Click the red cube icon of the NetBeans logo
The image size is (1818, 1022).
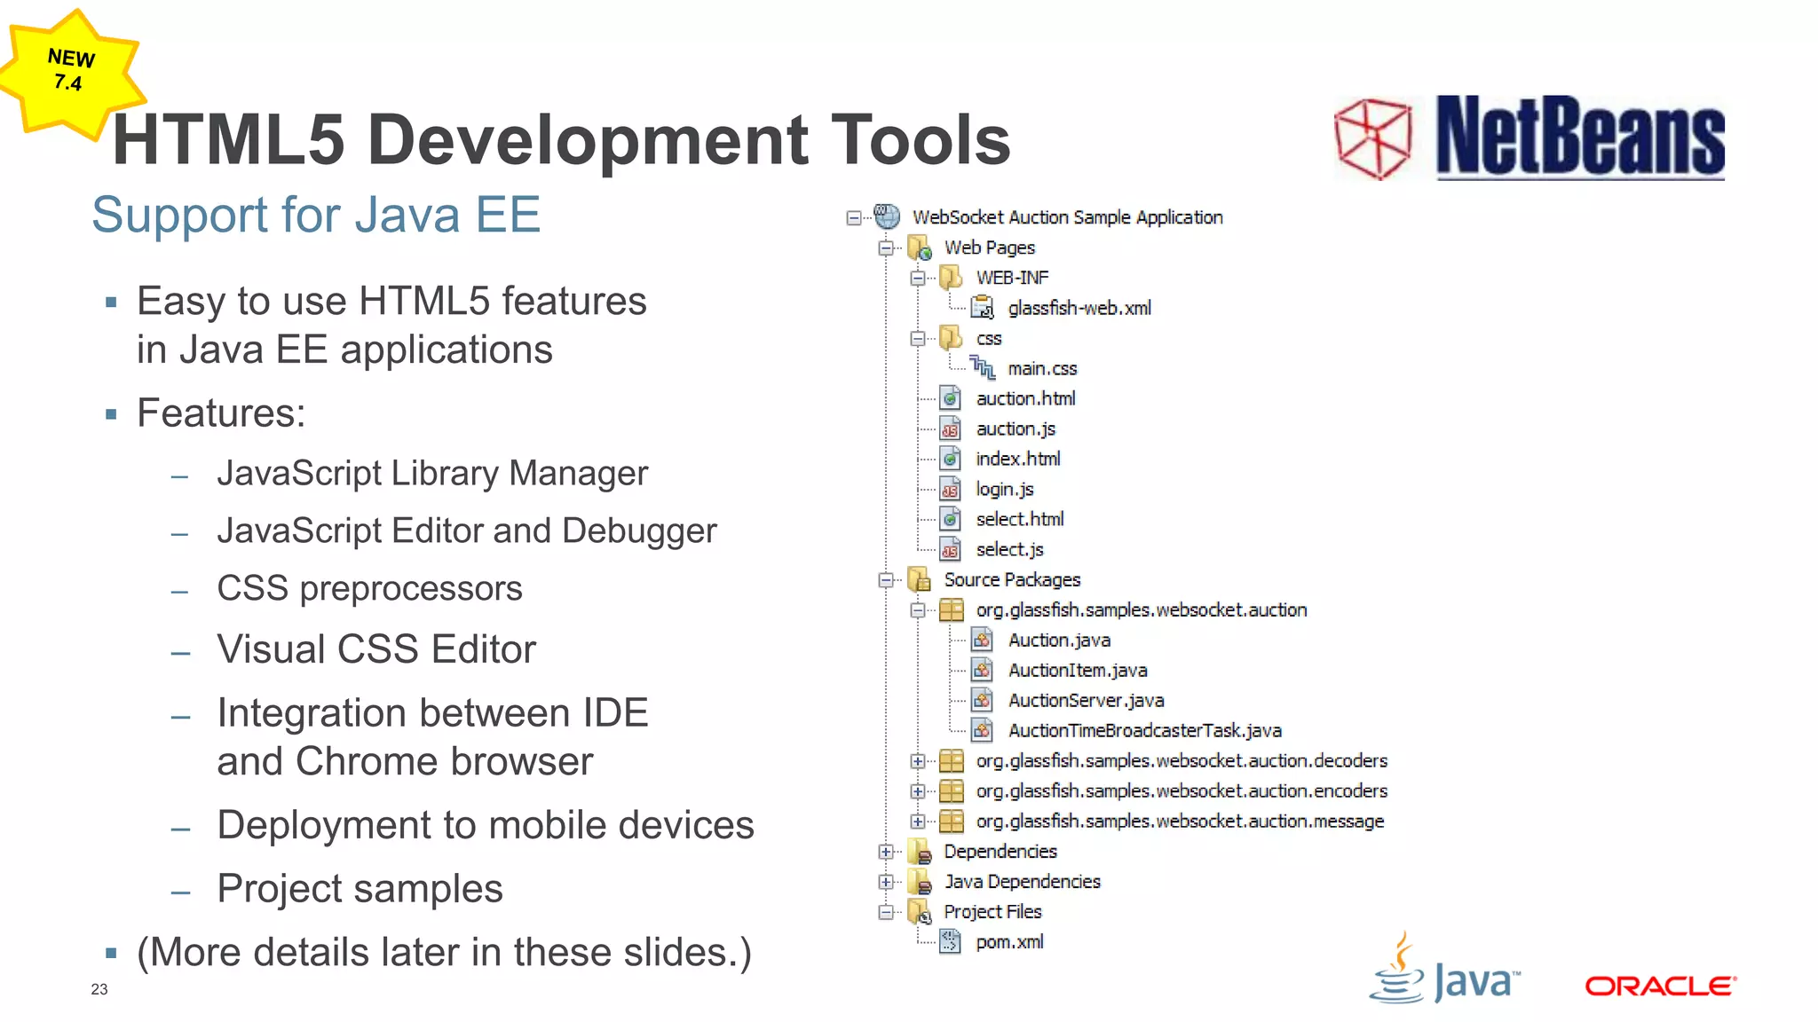point(1372,138)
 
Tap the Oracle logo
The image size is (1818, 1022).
point(1660,986)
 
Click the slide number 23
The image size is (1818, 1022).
point(99,989)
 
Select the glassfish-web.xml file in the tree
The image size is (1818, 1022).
point(1079,309)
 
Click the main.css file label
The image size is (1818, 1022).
point(1042,369)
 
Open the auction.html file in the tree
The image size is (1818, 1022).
point(1025,399)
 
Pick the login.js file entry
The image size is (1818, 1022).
point(1004,490)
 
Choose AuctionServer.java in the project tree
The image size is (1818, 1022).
point(1086,701)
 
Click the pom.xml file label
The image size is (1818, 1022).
point(1009,942)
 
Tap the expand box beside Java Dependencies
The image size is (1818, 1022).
point(886,882)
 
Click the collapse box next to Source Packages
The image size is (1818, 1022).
point(886,580)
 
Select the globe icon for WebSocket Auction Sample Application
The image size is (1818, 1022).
point(887,216)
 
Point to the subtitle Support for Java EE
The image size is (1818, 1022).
point(316,215)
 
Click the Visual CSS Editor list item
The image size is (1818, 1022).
point(376,649)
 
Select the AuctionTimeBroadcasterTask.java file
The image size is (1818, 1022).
point(1144,731)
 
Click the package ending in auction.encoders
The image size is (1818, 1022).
point(1181,791)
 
